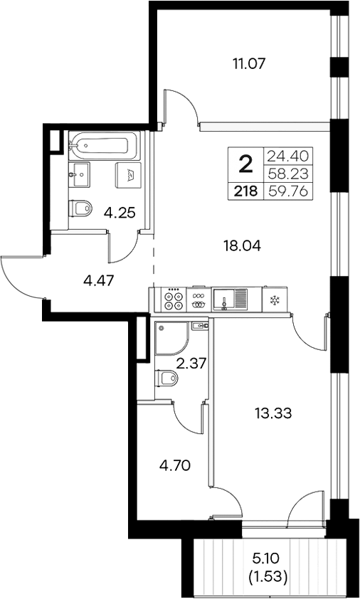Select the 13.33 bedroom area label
[x=274, y=412]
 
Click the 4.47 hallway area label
[x=98, y=280]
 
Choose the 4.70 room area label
[x=174, y=467]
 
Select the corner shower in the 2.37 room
[x=171, y=339]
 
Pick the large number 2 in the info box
[x=245, y=166]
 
